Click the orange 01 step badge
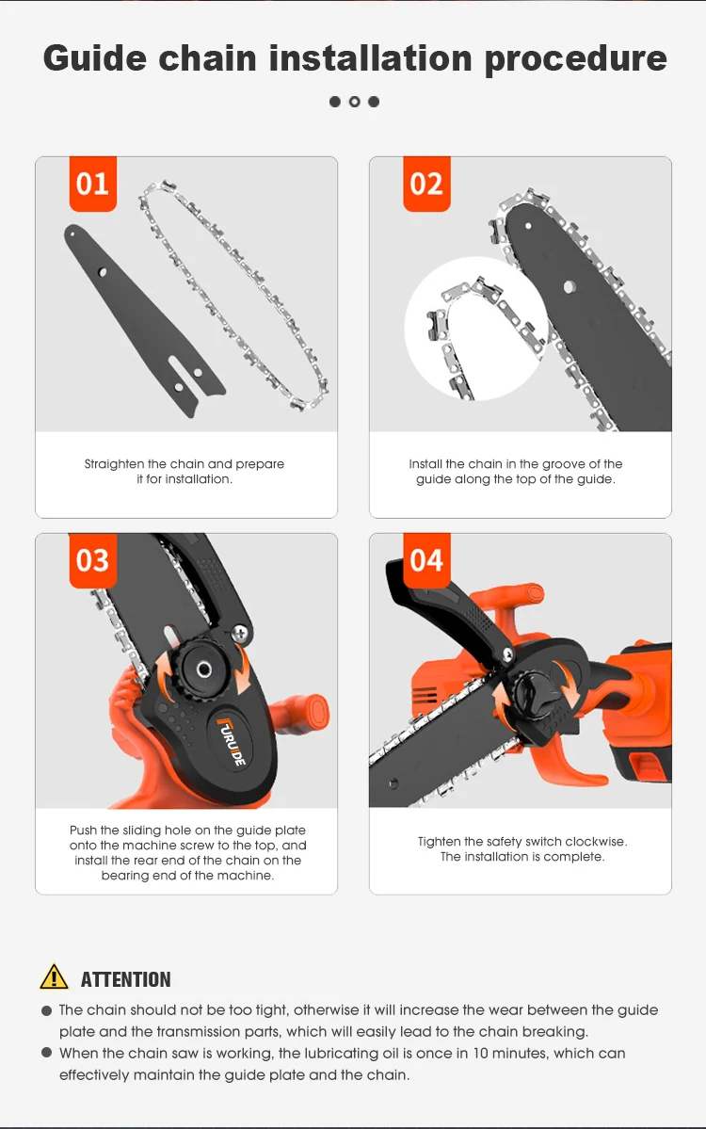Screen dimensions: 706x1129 pos(93,184)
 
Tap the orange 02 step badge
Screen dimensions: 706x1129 pos(426,184)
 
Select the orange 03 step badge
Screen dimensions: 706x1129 pos(93,560)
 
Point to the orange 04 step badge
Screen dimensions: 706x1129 pos(426,560)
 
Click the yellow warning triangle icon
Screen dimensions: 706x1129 pos(54,977)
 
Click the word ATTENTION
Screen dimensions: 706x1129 pos(126,979)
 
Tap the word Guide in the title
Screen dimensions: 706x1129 pos(95,58)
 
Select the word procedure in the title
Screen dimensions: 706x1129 pos(576,59)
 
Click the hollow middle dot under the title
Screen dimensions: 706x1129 pos(354,102)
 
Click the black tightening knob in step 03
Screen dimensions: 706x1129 pos(203,670)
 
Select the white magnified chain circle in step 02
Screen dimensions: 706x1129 pos(476,329)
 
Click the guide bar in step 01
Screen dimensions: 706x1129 pos(144,320)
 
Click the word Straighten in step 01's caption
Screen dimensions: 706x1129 pos(115,464)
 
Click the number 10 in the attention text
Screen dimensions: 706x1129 pos(480,1054)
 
